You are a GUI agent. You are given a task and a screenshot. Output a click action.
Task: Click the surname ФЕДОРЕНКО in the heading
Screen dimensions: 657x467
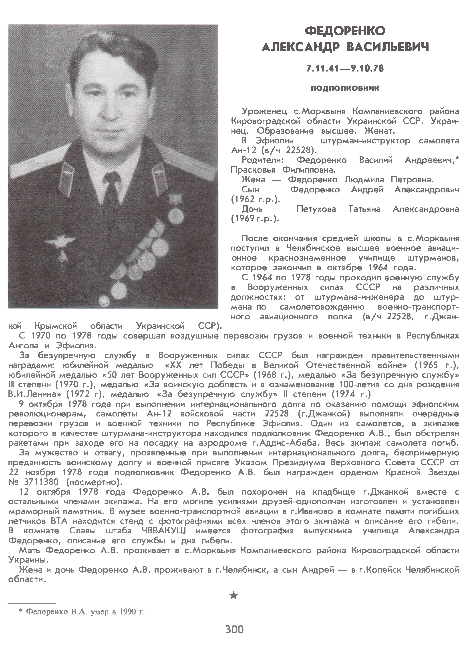345,31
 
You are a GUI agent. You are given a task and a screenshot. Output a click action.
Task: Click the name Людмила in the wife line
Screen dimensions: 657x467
364,180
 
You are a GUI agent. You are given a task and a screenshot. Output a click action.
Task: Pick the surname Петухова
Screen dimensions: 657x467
316,209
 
